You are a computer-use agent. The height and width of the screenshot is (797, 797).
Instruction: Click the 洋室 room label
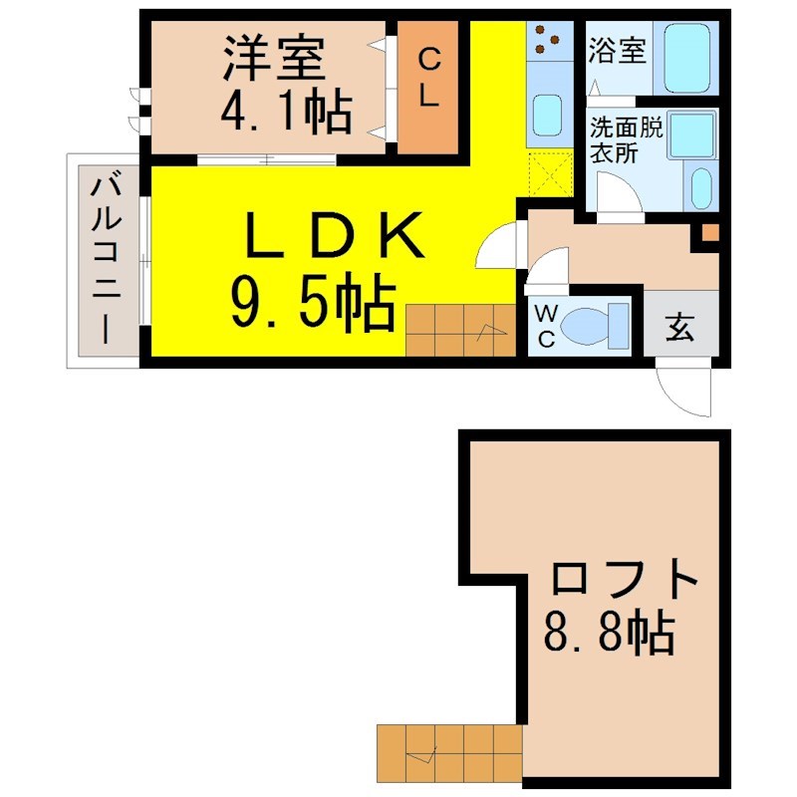(274, 57)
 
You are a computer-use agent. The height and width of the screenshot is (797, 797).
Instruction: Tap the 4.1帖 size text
(286, 111)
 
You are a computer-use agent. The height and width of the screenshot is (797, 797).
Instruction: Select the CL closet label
(428, 78)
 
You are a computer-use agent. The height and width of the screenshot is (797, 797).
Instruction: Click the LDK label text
(334, 235)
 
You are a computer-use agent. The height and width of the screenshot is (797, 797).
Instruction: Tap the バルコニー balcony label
(107, 259)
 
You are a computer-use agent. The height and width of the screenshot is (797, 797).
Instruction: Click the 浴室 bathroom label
(617, 50)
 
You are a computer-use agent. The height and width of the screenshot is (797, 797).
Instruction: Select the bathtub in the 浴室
(686, 58)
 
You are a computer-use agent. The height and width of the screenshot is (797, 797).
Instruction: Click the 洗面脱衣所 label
(627, 139)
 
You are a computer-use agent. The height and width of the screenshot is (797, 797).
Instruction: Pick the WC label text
(545, 327)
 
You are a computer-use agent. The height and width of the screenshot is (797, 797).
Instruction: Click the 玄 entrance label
(679, 326)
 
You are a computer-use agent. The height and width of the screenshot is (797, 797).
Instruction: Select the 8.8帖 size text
(610, 633)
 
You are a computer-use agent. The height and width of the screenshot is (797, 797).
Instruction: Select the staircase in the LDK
(461, 331)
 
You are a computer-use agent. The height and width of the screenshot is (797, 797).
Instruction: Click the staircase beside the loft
(449, 753)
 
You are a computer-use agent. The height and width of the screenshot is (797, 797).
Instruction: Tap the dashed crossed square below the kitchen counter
(551, 173)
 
